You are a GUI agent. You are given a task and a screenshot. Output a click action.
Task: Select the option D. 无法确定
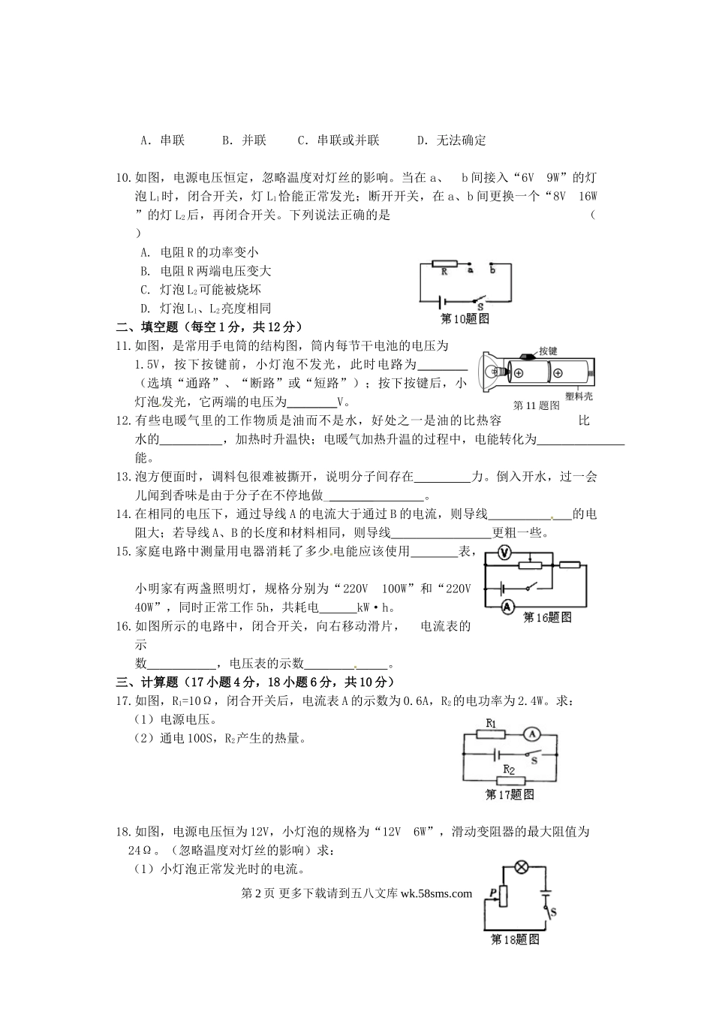pos(451,140)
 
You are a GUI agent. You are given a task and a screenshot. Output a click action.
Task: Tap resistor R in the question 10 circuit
pos(445,265)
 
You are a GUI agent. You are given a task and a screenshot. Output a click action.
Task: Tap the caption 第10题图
pos(465,318)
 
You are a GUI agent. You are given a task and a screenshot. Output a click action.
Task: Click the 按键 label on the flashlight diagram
pos(547,351)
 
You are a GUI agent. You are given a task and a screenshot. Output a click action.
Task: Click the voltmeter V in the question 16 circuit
pos(505,553)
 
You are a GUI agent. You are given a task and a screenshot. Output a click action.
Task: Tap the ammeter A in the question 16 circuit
pos(507,605)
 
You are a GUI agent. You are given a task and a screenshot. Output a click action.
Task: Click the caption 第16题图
pos(547,617)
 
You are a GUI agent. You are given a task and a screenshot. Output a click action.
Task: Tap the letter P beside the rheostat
pos(492,892)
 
